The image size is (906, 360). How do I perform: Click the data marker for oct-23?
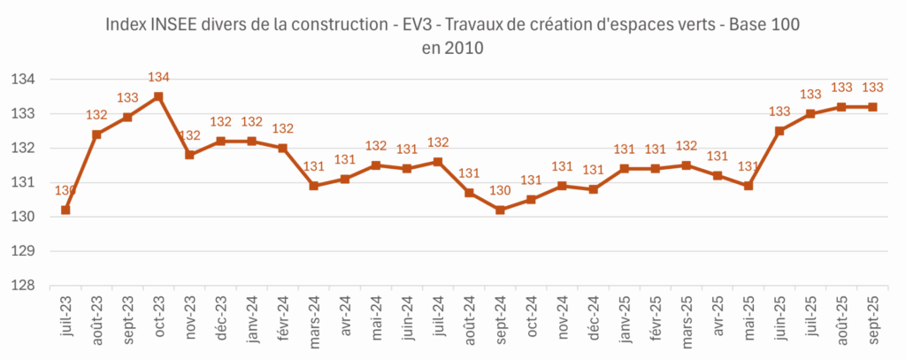(x=158, y=96)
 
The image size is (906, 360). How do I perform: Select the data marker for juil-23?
(x=65, y=210)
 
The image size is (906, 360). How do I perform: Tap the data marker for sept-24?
(x=500, y=210)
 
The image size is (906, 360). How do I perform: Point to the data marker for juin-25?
(x=779, y=131)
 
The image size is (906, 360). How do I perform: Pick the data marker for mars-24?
(x=313, y=186)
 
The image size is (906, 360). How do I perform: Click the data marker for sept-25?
(x=872, y=107)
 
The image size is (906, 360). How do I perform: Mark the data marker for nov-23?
(x=189, y=155)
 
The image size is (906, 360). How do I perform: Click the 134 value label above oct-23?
(x=158, y=77)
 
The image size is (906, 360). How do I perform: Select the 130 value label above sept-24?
(x=500, y=190)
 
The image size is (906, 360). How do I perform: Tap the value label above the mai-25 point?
(x=749, y=166)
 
